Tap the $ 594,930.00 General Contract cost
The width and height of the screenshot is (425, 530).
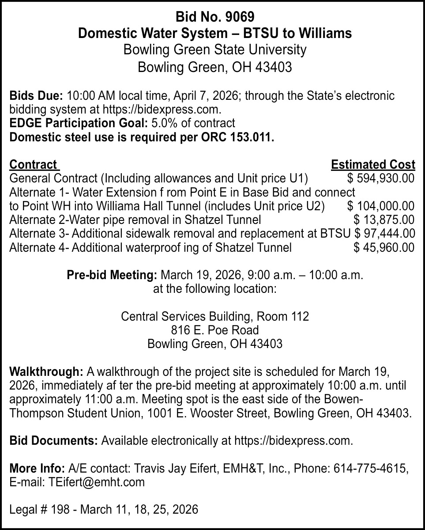pos(380,178)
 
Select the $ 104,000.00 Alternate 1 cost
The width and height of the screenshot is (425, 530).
pos(380,206)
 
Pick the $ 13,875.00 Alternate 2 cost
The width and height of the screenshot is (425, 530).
pos(384,220)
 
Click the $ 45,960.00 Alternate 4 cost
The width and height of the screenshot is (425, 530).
pos(384,247)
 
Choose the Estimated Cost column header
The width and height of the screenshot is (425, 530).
pos(372,165)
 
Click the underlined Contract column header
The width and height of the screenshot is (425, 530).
pos(33,165)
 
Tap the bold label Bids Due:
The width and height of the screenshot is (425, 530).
pos(37,96)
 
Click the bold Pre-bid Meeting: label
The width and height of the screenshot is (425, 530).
pos(112,275)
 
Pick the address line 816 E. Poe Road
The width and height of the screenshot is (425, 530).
pos(214,330)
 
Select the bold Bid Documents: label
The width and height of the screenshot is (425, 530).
pos(54,441)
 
